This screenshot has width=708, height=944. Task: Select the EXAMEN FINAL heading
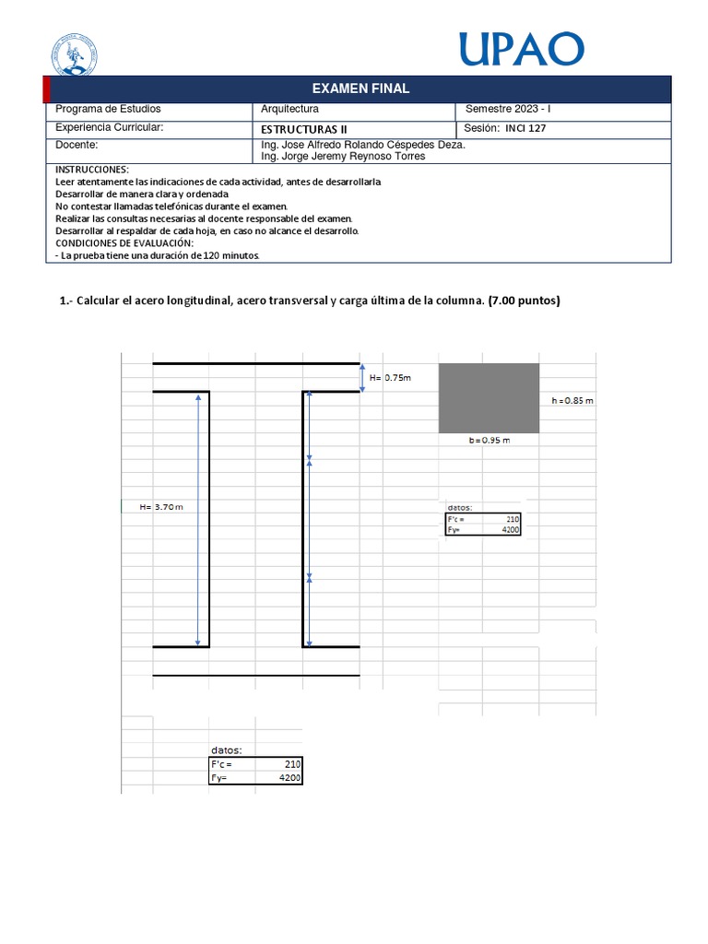[x=360, y=88]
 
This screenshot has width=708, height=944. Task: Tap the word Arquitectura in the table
[x=290, y=110]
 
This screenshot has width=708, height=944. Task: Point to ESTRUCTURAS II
[x=305, y=129]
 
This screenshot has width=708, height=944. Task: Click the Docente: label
[x=77, y=146]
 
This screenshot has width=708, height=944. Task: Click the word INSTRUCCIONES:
[x=92, y=171]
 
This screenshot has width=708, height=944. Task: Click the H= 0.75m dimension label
[x=390, y=378]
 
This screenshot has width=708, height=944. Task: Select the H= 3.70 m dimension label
[x=162, y=507]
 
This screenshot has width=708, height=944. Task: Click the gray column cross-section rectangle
[x=489, y=398]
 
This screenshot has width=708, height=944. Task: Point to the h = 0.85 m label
[x=572, y=401]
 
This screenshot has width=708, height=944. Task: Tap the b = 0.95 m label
[x=489, y=441]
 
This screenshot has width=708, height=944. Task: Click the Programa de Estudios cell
[x=107, y=110]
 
